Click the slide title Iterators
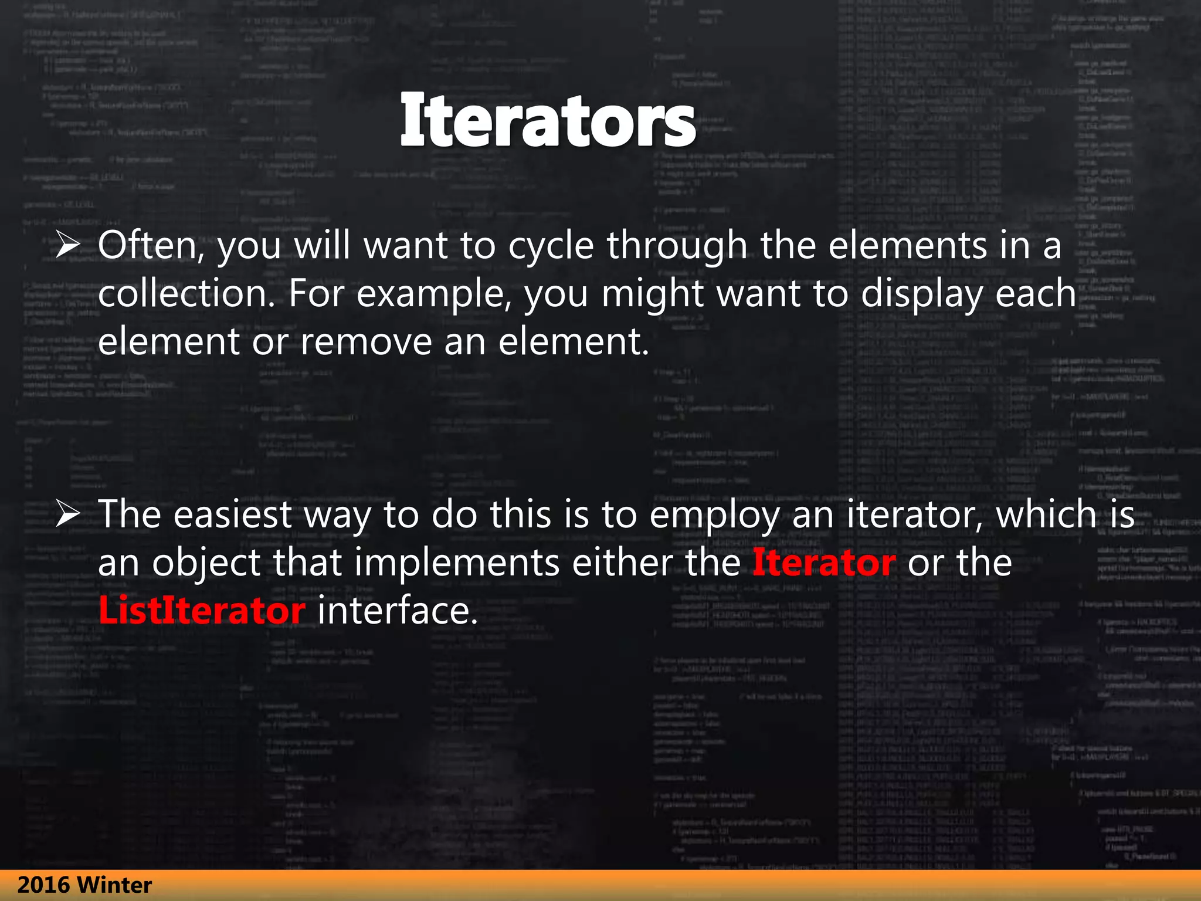(x=548, y=121)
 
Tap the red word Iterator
(x=823, y=563)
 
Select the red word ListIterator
(x=202, y=611)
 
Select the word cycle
(x=551, y=246)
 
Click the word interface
(x=398, y=611)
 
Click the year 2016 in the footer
(x=43, y=885)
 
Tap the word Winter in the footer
(x=114, y=885)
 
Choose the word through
(x=677, y=246)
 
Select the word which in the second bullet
(x=1046, y=514)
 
